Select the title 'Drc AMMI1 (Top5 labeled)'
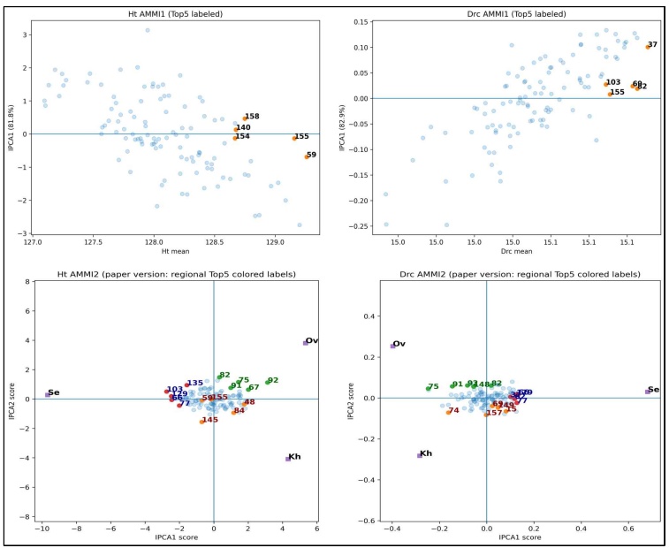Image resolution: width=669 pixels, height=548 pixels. click(x=510, y=10)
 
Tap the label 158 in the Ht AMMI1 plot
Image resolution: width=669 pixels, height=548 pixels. click(x=252, y=116)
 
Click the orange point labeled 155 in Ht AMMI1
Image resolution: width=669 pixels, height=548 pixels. click(x=294, y=138)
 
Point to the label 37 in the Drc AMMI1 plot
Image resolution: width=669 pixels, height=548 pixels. click(x=652, y=44)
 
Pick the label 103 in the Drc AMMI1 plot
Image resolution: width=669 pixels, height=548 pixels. click(x=613, y=82)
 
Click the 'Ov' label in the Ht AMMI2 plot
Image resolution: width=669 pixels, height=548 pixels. click(x=312, y=341)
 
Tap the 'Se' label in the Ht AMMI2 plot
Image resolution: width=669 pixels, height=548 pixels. click(x=54, y=392)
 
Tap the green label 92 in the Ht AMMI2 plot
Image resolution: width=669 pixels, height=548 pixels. click(x=272, y=380)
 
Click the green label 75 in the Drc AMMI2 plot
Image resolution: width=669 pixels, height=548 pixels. click(x=433, y=386)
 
